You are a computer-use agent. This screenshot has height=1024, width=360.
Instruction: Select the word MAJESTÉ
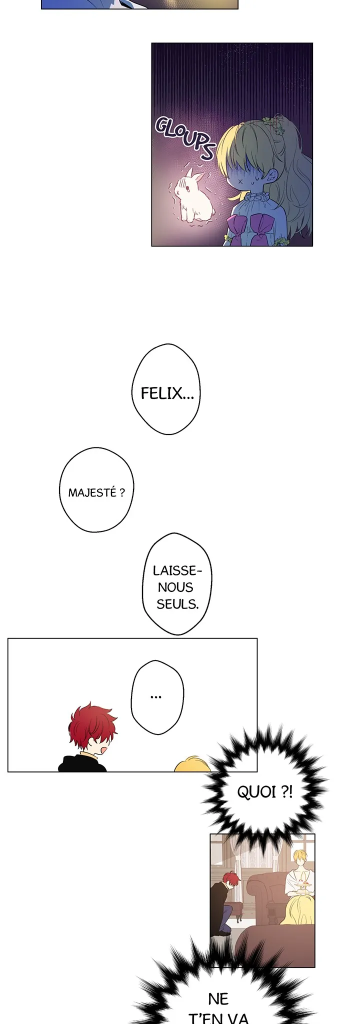tap(92, 493)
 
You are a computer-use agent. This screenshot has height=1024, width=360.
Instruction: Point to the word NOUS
tap(175, 587)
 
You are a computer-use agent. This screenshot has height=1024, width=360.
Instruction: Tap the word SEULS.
tap(177, 604)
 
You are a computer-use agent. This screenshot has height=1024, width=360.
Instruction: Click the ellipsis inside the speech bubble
tap(156, 696)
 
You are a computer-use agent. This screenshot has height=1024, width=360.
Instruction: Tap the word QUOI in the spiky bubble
tap(256, 792)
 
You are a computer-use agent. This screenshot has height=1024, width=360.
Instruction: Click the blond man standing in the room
tap(299, 867)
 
